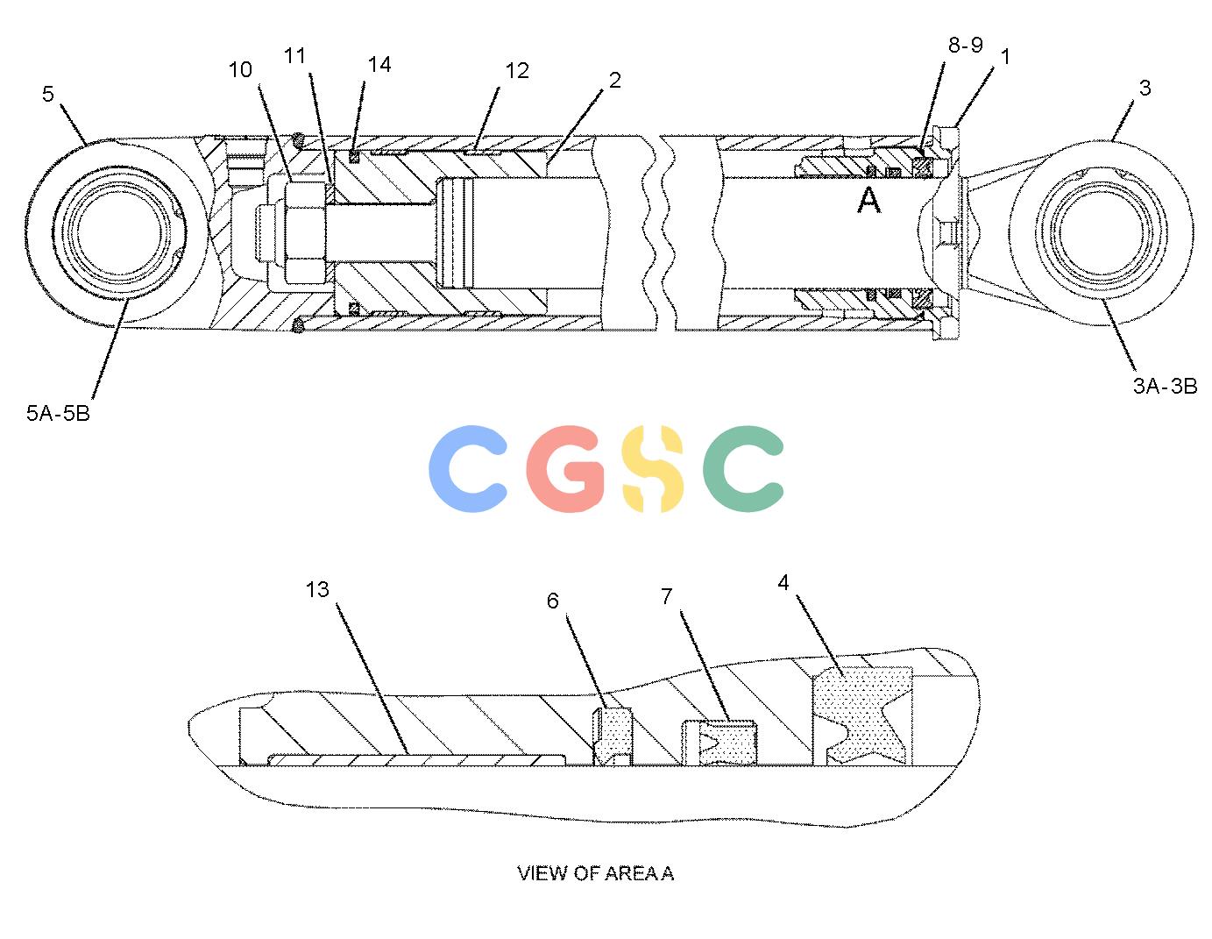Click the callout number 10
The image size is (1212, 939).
pyautogui.click(x=240, y=70)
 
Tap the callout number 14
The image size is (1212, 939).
pyautogui.click(x=379, y=65)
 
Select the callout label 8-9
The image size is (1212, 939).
pyautogui.click(x=965, y=45)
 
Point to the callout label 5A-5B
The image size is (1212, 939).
pyautogui.click(x=58, y=414)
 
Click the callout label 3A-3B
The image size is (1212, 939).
pyautogui.click(x=1165, y=386)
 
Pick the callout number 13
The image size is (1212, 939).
pyautogui.click(x=317, y=590)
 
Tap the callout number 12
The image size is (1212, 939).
pyautogui.click(x=517, y=71)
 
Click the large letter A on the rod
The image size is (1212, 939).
pyautogui.click(x=868, y=200)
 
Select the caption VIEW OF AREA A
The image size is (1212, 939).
pyautogui.click(x=596, y=873)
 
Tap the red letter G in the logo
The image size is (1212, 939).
pyautogui.click(x=564, y=469)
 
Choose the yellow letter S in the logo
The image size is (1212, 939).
pyautogui.click(x=652, y=469)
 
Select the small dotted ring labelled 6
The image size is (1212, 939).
pyautogui.click(x=613, y=736)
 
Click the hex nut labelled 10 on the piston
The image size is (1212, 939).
pyautogui.click(x=305, y=232)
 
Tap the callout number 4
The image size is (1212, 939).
pyautogui.click(x=783, y=583)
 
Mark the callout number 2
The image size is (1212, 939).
pyautogui.click(x=614, y=81)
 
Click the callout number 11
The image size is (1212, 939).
pyautogui.click(x=295, y=56)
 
